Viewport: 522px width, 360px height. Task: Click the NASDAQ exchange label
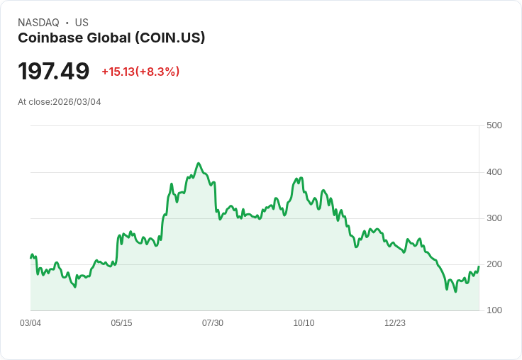click(38, 23)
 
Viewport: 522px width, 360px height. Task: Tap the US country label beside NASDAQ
click(82, 23)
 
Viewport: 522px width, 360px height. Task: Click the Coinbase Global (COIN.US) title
click(111, 38)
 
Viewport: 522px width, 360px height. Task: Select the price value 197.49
click(54, 71)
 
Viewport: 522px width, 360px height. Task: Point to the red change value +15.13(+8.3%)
click(140, 72)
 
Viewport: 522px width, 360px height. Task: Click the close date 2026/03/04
click(77, 102)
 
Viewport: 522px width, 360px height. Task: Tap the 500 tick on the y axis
click(494, 125)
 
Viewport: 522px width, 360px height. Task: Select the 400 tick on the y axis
click(494, 172)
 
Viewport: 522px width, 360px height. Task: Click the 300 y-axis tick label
click(494, 218)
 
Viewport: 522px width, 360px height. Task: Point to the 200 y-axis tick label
click(494, 264)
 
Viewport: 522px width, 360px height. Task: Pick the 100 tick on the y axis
click(494, 310)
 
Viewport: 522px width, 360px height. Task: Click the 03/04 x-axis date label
click(30, 323)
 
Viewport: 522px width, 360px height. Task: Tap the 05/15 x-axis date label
click(121, 323)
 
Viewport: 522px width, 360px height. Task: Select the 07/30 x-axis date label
click(213, 323)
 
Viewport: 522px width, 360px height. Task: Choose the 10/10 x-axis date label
click(304, 323)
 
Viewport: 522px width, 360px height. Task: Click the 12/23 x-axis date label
click(395, 323)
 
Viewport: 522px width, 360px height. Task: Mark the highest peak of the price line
click(199, 163)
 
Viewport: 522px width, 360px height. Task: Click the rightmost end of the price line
click(479, 266)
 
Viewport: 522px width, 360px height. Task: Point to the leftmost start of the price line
click(30, 257)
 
